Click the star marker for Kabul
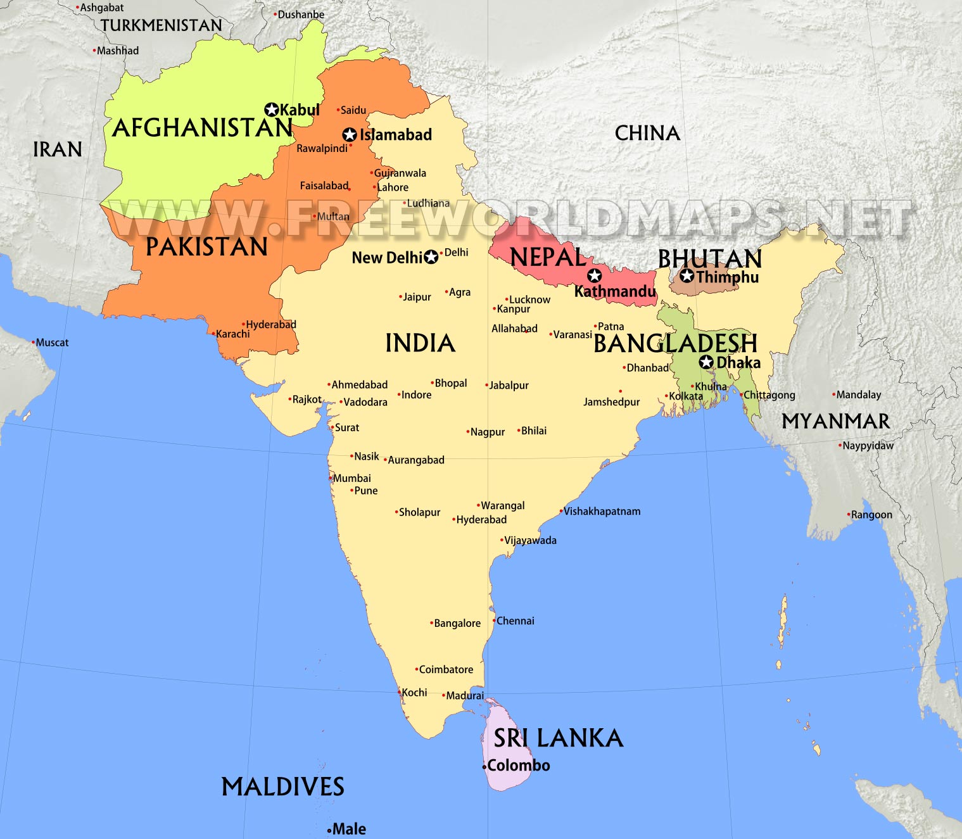(x=272, y=110)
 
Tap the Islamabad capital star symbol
(x=349, y=135)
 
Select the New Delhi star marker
(x=431, y=257)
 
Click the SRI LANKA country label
(x=558, y=738)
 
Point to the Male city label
(x=349, y=829)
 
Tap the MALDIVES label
(x=282, y=787)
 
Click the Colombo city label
(x=518, y=766)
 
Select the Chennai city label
(x=515, y=621)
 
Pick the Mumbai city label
(x=351, y=478)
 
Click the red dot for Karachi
(x=213, y=333)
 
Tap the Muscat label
(x=52, y=343)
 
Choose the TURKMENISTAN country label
(x=161, y=25)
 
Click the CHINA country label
(x=647, y=133)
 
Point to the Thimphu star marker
(x=687, y=276)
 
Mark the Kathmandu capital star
(x=594, y=275)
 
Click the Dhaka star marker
(x=706, y=362)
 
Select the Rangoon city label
(x=871, y=515)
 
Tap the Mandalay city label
(x=858, y=394)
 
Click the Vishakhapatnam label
(x=602, y=511)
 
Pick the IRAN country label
(x=58, y=149)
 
